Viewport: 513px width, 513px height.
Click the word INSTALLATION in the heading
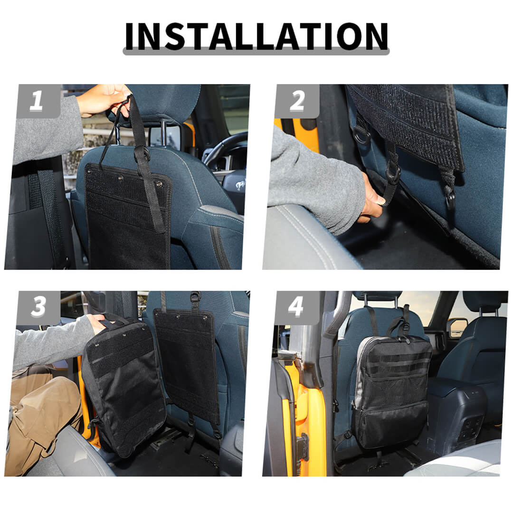click(x=256, y=36)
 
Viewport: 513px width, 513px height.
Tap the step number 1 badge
click(x=38, y=101)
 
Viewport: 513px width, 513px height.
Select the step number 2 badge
click(x=297, y=101)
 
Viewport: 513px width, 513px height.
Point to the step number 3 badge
click(x=38, y=307)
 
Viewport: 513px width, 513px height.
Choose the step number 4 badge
click(x=297, y=307)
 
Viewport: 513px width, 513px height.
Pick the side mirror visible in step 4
click(x=458, y=327)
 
